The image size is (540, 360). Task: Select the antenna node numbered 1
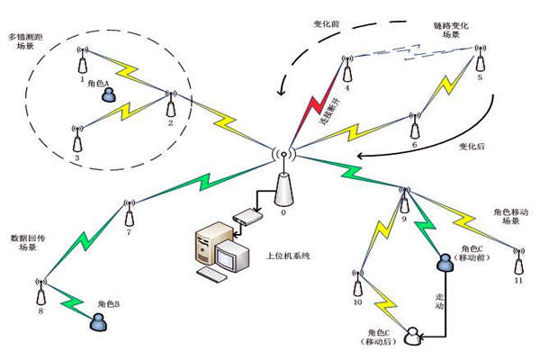pos(83,61)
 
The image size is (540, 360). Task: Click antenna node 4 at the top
pos(345,71)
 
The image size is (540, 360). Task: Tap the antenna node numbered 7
pos(130,213)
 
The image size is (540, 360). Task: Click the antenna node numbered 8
pos(40,292)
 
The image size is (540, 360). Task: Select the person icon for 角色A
pos(109,94)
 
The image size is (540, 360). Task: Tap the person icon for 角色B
pos(94,321)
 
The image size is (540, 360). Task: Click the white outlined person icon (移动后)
pos(413,337)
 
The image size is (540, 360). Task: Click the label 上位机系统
pos(289,256)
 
